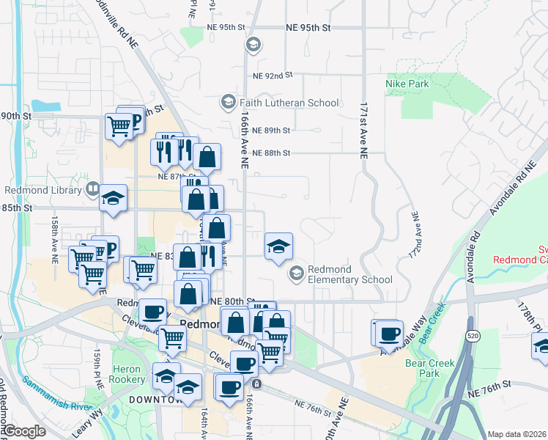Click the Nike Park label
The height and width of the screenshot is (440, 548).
(x=407, y=84)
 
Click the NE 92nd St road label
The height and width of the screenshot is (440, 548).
(x=273, y=76)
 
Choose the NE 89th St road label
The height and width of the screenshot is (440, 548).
(x=271, y=131)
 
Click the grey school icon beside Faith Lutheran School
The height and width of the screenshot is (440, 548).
(x=229, y=101)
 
